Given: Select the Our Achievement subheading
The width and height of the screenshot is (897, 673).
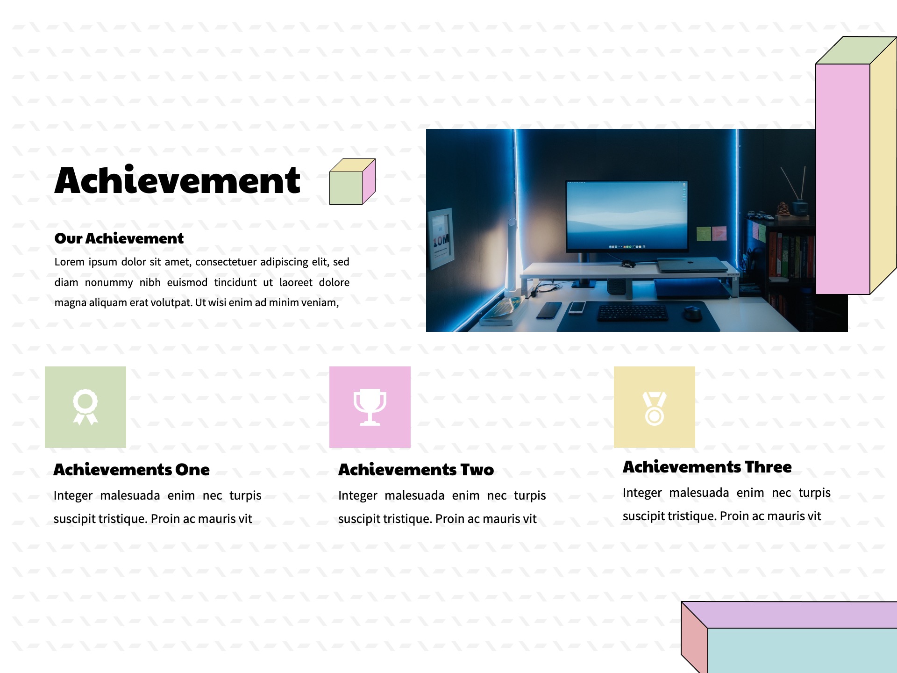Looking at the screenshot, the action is [x=119, y=238].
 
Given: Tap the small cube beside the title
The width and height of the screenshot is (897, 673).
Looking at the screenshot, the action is [x=352, y=182].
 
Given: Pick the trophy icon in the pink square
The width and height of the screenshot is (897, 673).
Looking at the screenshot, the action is [x=370, y=407].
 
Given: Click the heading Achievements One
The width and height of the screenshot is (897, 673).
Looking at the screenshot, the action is [x=132, y=470].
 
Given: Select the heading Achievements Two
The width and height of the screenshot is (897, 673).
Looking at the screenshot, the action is [x=416, y=470].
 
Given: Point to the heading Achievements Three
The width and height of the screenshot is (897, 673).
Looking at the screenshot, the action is [x=707, y=467].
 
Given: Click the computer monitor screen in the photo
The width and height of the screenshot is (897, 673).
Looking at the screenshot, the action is [x=627, y=215].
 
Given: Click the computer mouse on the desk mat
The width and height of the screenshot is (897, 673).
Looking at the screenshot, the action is [x=692, y=313].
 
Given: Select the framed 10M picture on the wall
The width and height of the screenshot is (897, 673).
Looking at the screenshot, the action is [x=441, y=238].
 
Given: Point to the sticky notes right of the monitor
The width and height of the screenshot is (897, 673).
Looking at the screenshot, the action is [x=712, y=233].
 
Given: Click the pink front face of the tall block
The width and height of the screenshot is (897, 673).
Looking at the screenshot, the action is [x=843, y=179].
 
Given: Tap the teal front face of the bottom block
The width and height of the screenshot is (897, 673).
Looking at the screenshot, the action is [x=802, y=651].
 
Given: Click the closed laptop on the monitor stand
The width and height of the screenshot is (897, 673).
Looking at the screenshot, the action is [x=692, y=265].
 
